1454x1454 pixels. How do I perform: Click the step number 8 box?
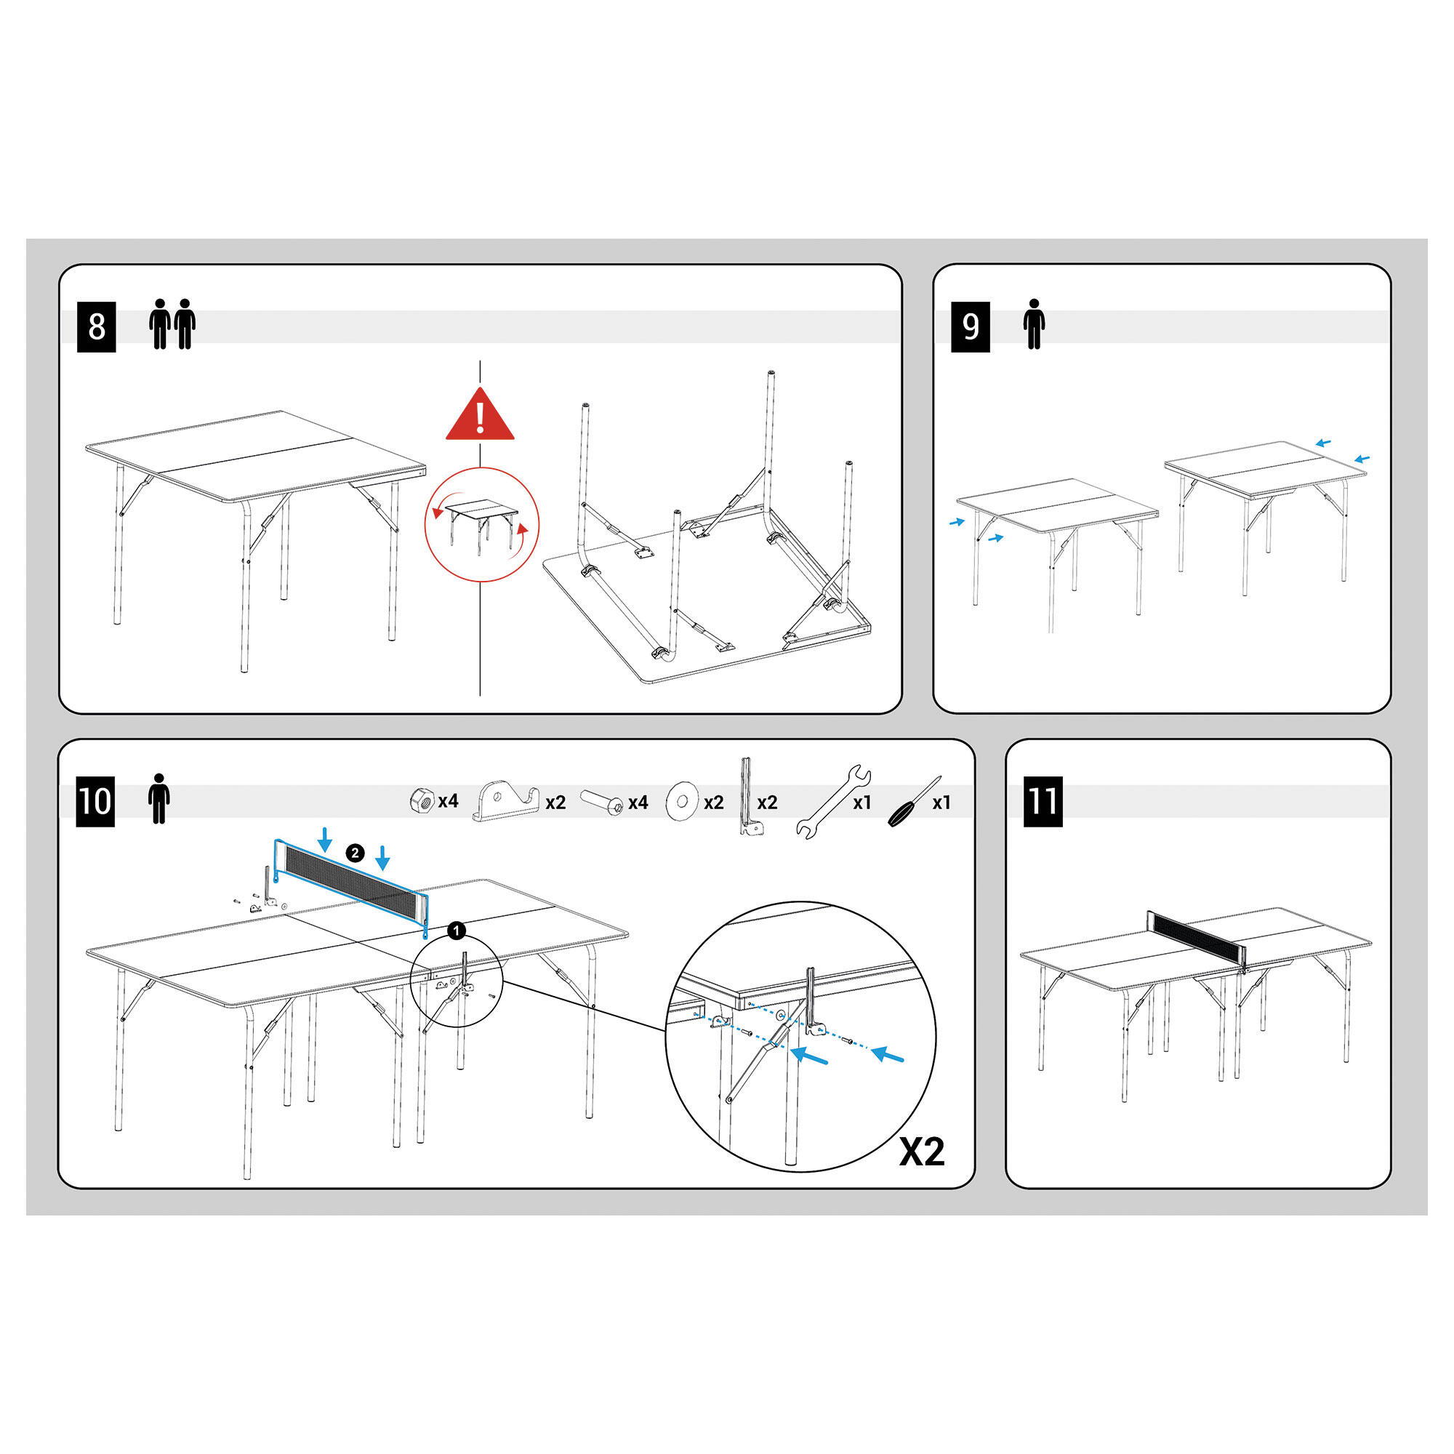coord(97,326)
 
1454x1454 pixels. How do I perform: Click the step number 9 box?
coord(970,326)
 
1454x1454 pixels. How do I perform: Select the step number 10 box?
coord(95,800)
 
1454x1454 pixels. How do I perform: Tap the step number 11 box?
coord(1043,800)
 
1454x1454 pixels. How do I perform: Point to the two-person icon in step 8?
coord(172,324)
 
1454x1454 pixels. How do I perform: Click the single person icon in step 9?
coord(1034,324)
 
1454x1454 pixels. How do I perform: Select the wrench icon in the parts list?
coord(833,803)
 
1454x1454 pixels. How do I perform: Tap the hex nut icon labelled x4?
coord(422,800)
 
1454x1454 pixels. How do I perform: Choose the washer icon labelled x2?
coord(683,803)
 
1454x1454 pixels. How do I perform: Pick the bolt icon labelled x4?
coord(602,803)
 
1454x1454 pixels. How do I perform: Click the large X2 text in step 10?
coord(921,1152)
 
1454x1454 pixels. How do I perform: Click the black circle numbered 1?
coord(456,931)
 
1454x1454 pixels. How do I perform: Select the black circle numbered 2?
coord(356,853)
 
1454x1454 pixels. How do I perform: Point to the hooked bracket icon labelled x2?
coord(507,803)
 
